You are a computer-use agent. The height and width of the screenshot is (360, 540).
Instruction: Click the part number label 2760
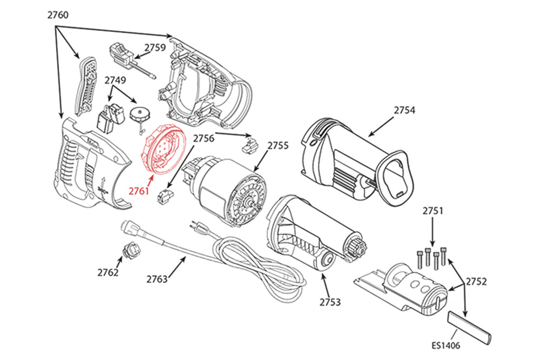coord(57,15)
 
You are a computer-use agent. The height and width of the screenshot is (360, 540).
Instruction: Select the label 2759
coord(154,47)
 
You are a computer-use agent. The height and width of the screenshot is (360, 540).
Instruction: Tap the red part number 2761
coord(139,191)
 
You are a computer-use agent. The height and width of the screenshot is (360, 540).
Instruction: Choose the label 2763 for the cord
coord(157,279)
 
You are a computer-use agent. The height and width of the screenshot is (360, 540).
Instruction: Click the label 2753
coord(330,302)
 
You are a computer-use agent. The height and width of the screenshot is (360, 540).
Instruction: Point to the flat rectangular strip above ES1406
coord(470,327)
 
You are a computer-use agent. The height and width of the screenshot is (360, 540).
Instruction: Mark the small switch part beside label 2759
coord(123,53)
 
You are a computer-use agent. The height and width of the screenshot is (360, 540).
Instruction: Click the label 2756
coord(204,139)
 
